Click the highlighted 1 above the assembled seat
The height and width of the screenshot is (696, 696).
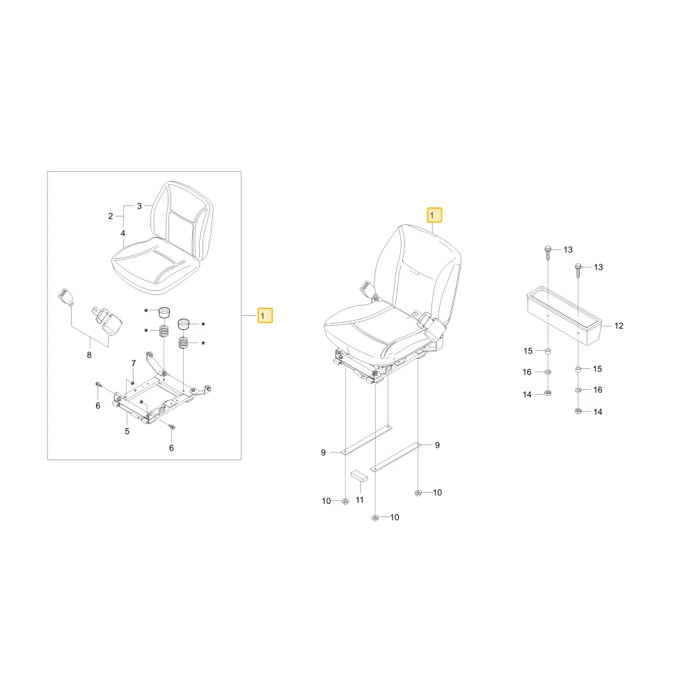(x=434, y=215)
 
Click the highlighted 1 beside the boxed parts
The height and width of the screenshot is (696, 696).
(x=265, y=315)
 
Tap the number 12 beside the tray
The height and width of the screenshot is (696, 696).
(x=619, y=326)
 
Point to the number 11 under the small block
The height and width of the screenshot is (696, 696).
(x=360, y=500)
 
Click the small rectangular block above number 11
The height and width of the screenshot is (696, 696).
(x=359, y=476)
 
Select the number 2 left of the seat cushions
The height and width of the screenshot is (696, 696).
(x=111, y=216)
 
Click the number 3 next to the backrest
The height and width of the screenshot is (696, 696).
(x=139, y=206)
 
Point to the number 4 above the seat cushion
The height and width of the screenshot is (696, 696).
(x=123, y=233)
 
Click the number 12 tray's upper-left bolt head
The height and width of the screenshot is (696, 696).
(x=547, y=249)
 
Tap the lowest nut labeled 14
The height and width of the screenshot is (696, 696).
(x=578, y=411)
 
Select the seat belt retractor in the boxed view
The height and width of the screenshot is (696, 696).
(x=107, y=320)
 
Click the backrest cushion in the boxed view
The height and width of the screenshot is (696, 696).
(x=182, y=220)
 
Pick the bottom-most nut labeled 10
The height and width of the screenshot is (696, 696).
(x=375, y=518)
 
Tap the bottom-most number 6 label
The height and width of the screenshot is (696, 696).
(x=171, y=448)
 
